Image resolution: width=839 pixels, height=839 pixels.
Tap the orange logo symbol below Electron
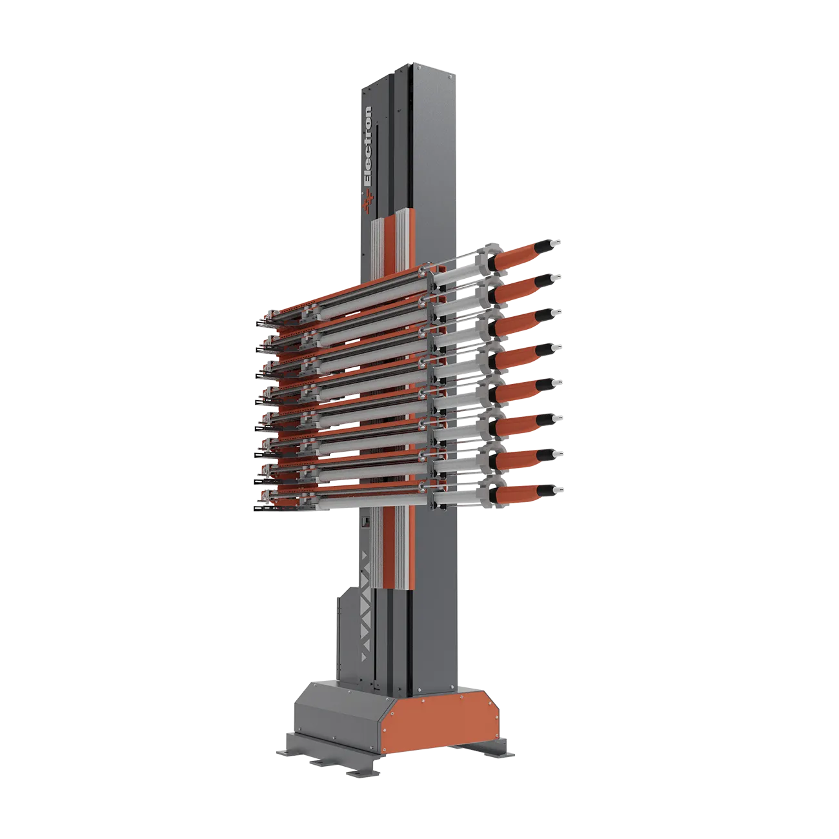click(368, 202)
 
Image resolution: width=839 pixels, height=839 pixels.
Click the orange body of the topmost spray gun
click(516, 256)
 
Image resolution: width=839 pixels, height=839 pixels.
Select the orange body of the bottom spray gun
click(516, 495)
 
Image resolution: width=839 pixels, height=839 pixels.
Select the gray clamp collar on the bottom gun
click(490, 496)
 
